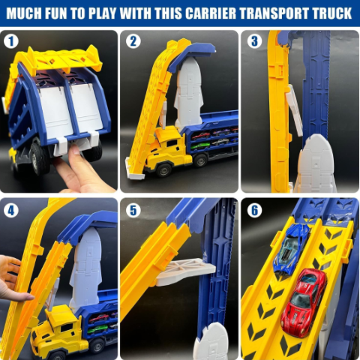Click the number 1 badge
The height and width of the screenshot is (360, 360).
pos(11,41)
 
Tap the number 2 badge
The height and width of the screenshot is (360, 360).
pos(133,41)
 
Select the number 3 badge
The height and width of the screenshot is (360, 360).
pos(254,41)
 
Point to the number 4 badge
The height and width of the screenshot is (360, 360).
pos(11,211)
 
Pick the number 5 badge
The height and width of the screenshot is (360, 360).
pos(133,211)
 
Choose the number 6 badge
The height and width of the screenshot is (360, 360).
pos(254,211)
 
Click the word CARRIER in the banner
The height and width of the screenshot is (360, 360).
pos(211,13)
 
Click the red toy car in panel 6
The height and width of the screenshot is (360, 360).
pos(304,302)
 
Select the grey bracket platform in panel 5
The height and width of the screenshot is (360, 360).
pos(185,271)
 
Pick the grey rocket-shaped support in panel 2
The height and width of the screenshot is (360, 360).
pos(189,92)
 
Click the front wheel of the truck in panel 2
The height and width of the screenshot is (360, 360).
pos(163,170)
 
